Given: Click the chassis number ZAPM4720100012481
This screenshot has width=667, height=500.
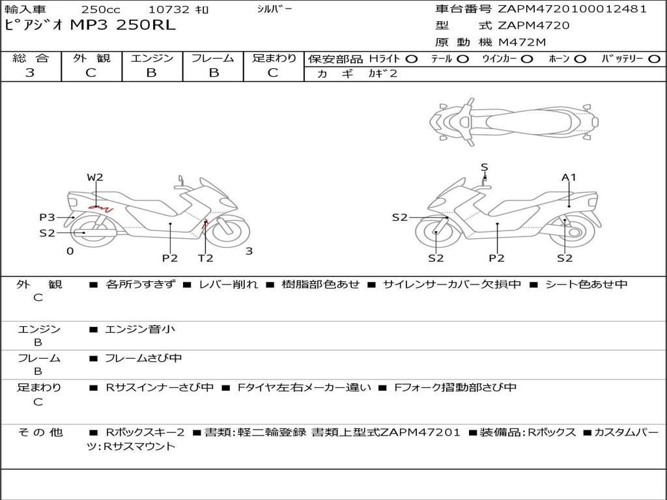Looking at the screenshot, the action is (x=572, y=9).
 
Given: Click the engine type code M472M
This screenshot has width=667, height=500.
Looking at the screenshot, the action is (x=522, y=42).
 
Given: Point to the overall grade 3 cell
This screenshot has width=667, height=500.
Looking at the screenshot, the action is (x=30, y=73).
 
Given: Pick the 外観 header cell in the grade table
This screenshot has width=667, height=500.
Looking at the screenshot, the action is (x=91, y=58).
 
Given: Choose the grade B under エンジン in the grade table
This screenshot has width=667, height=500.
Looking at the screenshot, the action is (x=151, y=73).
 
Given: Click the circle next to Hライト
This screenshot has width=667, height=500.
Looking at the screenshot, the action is (x=412, y=59).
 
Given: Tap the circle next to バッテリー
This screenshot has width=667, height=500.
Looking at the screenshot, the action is (x=655, y=59).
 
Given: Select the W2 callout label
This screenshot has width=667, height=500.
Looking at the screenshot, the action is (x=95, y=177).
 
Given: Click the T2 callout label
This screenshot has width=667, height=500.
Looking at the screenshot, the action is (x=205, y=258).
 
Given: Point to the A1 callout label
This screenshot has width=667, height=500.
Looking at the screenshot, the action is (x=569, y=177).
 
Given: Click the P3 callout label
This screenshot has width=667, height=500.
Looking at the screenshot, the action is (x=47, y=217).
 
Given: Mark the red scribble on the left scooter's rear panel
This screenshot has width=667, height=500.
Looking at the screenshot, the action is (x=100, y=208).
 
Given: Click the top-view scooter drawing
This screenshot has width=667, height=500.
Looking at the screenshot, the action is (x=514, y=122).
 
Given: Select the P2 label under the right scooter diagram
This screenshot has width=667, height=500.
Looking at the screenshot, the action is (x=496, y=258).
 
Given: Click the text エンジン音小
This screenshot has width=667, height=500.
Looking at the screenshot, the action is (x=140, y=329).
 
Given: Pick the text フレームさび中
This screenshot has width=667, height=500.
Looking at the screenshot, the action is (x=143, y=358).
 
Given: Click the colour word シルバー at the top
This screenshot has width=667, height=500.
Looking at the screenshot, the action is (x=274, y=9).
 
